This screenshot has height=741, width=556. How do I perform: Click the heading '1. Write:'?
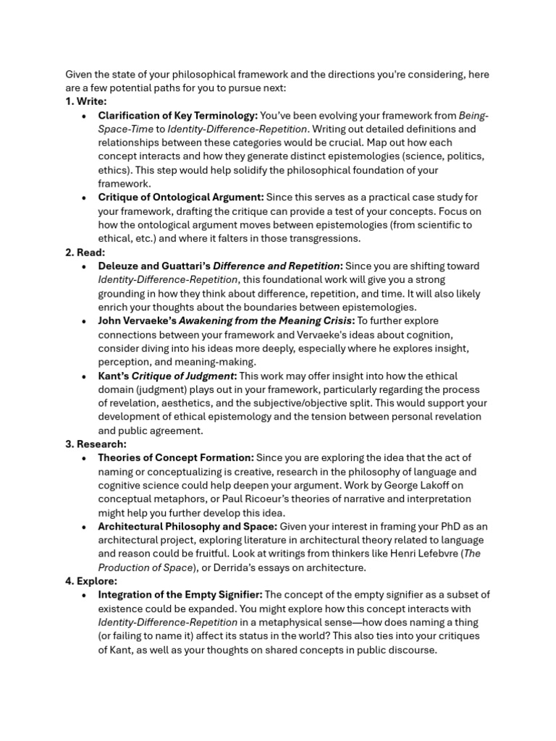tap(86, 101)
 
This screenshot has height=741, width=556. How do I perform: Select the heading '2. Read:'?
tap(85, 252)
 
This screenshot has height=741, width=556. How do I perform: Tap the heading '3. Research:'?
tap(96, 444)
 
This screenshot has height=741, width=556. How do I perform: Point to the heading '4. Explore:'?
tap(91, 580)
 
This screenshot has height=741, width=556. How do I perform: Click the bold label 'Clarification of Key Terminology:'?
tap(177, 115)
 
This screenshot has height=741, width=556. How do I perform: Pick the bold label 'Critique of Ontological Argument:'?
tap(181, 197)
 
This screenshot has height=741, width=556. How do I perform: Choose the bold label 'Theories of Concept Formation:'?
tap(176, 457)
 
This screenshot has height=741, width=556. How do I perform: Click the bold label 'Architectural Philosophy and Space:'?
tap(187, 526)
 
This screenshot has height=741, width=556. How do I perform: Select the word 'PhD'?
tap(445, 526)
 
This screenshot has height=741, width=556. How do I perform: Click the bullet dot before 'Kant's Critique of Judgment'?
tap(85, 376)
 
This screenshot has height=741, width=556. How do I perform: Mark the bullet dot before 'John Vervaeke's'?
tap(85, 321)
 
